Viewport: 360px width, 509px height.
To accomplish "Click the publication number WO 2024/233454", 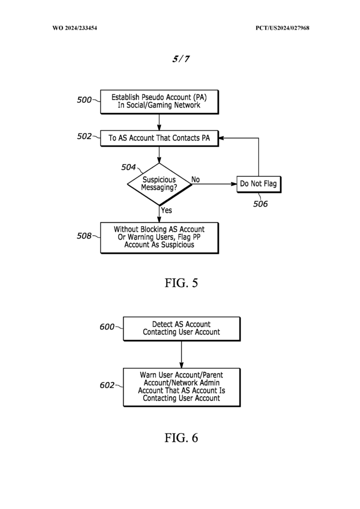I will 74,27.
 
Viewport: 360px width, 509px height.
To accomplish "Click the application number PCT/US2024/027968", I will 282,27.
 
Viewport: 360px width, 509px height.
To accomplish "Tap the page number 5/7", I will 181,59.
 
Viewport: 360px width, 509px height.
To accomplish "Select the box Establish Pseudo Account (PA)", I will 159,101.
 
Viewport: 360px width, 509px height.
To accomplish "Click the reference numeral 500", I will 84,100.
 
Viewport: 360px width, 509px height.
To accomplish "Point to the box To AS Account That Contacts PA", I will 159,138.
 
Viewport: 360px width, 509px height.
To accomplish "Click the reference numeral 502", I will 84,137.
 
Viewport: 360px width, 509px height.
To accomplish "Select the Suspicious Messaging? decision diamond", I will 159,184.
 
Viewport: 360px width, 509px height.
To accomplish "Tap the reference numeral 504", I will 129,167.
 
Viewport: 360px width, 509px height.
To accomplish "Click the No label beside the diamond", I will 196,179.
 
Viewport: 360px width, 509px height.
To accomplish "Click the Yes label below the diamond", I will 166,211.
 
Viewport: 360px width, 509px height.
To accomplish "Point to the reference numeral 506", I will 260,204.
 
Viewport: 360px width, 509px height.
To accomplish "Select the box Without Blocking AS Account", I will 159,237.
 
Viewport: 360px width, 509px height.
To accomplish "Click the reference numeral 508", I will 84,236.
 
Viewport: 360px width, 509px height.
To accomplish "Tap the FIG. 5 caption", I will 181,283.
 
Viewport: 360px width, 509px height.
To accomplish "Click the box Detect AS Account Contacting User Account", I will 181,328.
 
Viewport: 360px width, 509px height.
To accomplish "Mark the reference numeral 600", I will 107,327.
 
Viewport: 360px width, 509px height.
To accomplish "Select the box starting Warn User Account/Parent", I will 181,387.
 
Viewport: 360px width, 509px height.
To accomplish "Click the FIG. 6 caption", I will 181,438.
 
